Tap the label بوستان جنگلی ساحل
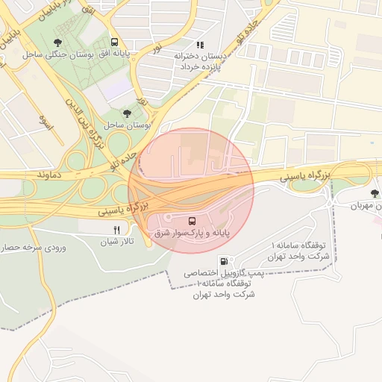57,54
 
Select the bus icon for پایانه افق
114,43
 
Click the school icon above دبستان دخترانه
199,45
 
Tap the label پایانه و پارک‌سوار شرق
192,234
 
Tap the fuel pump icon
225,262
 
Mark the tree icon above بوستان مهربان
375,194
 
